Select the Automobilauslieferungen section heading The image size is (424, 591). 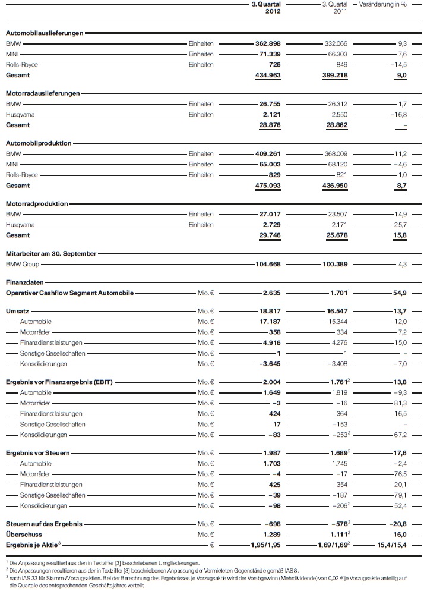click(x=45, y=33)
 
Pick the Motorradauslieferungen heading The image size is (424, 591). click(x=43, y=93)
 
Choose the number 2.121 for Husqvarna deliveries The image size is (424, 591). click(x=268, y=115)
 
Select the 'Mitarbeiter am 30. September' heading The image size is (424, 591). click(x=51, y=254)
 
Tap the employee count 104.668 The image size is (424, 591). click(x=264, y=264)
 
